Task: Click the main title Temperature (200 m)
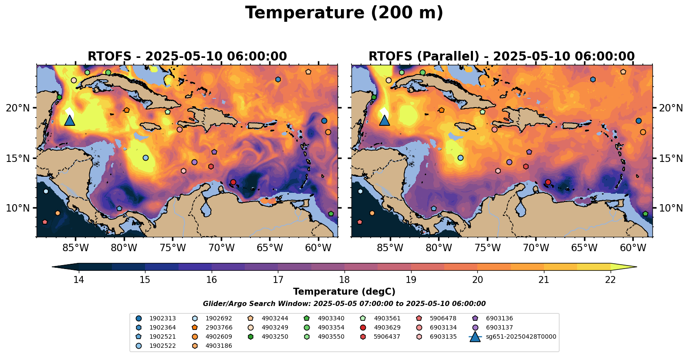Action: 344,13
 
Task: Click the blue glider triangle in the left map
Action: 70,120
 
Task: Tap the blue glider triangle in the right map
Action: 384,120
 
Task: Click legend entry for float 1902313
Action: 162,318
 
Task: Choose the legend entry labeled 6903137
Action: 499,327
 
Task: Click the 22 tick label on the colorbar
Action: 610,279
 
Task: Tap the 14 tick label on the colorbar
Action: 78,279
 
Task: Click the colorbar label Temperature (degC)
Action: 344,292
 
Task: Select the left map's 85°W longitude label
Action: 75,248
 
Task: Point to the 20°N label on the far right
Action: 671,108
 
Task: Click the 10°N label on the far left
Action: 18,208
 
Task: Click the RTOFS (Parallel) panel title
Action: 502,57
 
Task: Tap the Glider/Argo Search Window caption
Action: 344,304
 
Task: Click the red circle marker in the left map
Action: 233,182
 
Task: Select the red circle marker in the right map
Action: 548,182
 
